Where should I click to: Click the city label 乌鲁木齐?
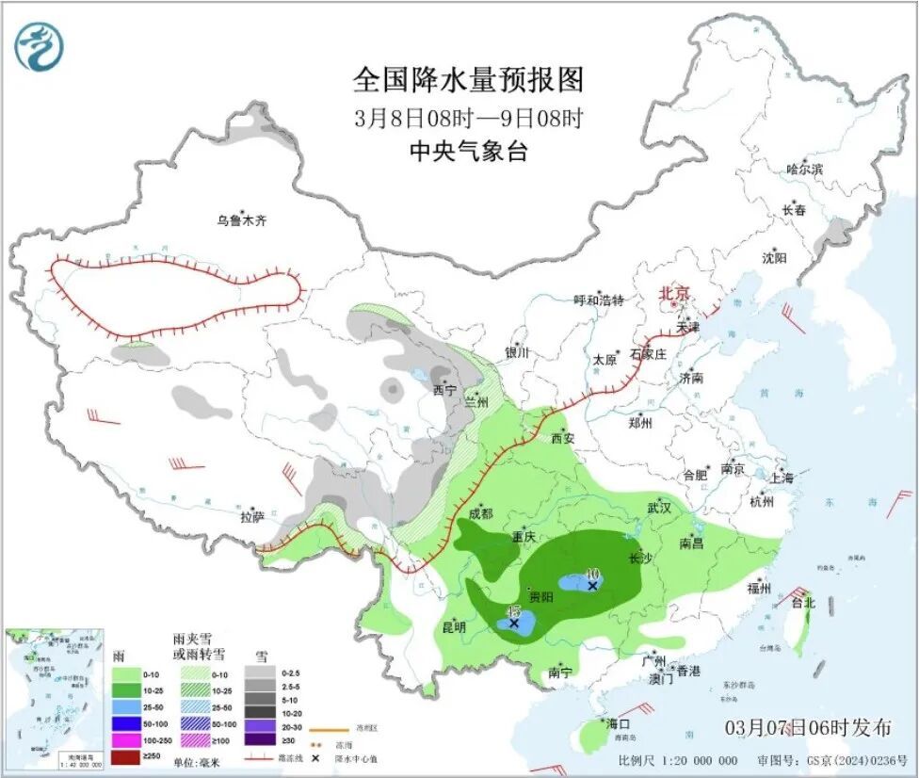pyautogui.click(x=242, y=221)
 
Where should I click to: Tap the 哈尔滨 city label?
pyautogui.click(x=805, y=170)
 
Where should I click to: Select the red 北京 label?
pyautogui.click(x=675, y=293)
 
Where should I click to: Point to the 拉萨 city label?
pyautogui.click(x=252, y=517)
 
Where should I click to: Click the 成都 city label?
pyautogui.click(x=480, y=513)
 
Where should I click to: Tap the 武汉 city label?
pyautogui.click(x=658, y=508)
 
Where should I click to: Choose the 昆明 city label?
pyautogui.click(x=455, y=626)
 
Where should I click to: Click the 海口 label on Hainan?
pyautogui.click(x=617, y=723)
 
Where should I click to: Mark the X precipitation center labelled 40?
pyautogui.click(x=592, y=586)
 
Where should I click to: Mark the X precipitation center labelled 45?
pyautogui.click(x=514, y=623)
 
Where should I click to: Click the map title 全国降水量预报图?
pyautogui.click(x=468, y=80)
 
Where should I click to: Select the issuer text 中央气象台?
pyautogui.click(x=468, y=151)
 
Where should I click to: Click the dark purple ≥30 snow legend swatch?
pyautogui.click(x=260, y=740)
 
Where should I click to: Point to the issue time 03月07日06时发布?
pyautogui.click(x=808, y=727)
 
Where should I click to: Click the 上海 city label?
pyautogui.click(x=782, y=478)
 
